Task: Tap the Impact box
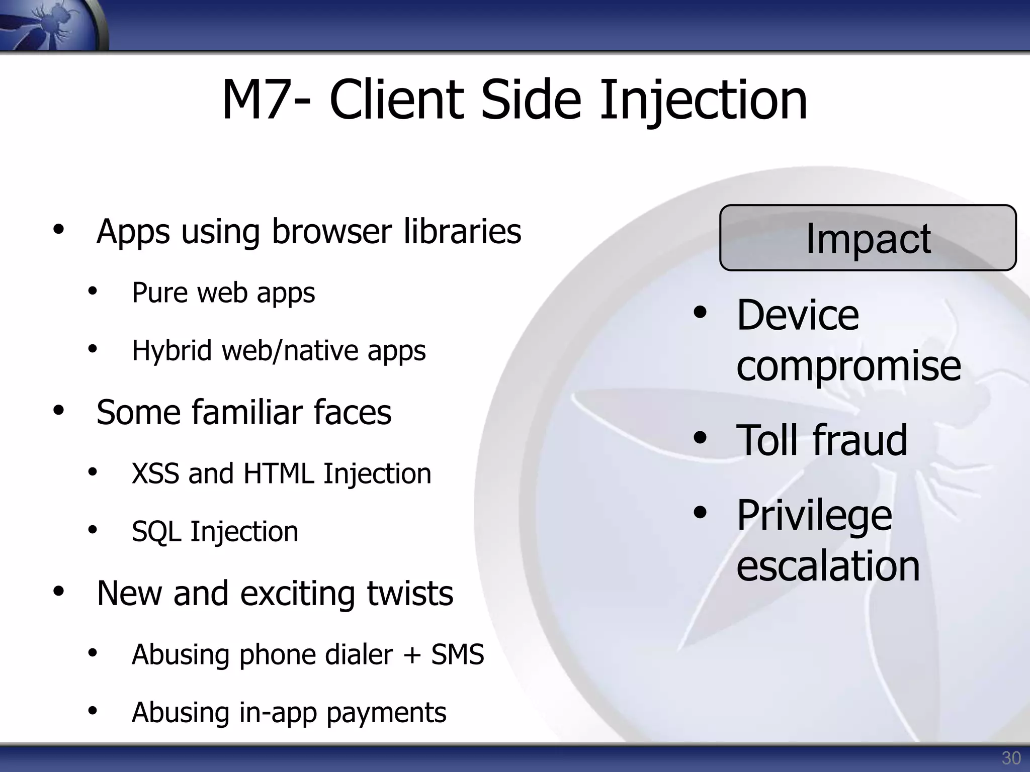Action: (x=868, y=238)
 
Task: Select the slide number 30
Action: (x=1011, y=758)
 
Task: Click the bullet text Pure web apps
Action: (x=223, y=293)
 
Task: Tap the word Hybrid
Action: (x=171, y=351)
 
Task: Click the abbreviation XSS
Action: (x=155, y=474)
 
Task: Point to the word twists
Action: (x=410, y=594)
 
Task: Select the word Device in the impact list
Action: (x=798, y=315)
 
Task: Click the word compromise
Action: (x=848, y=366)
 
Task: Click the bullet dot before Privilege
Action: (x=700, y=513)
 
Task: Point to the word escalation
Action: (x=828, y=566)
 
